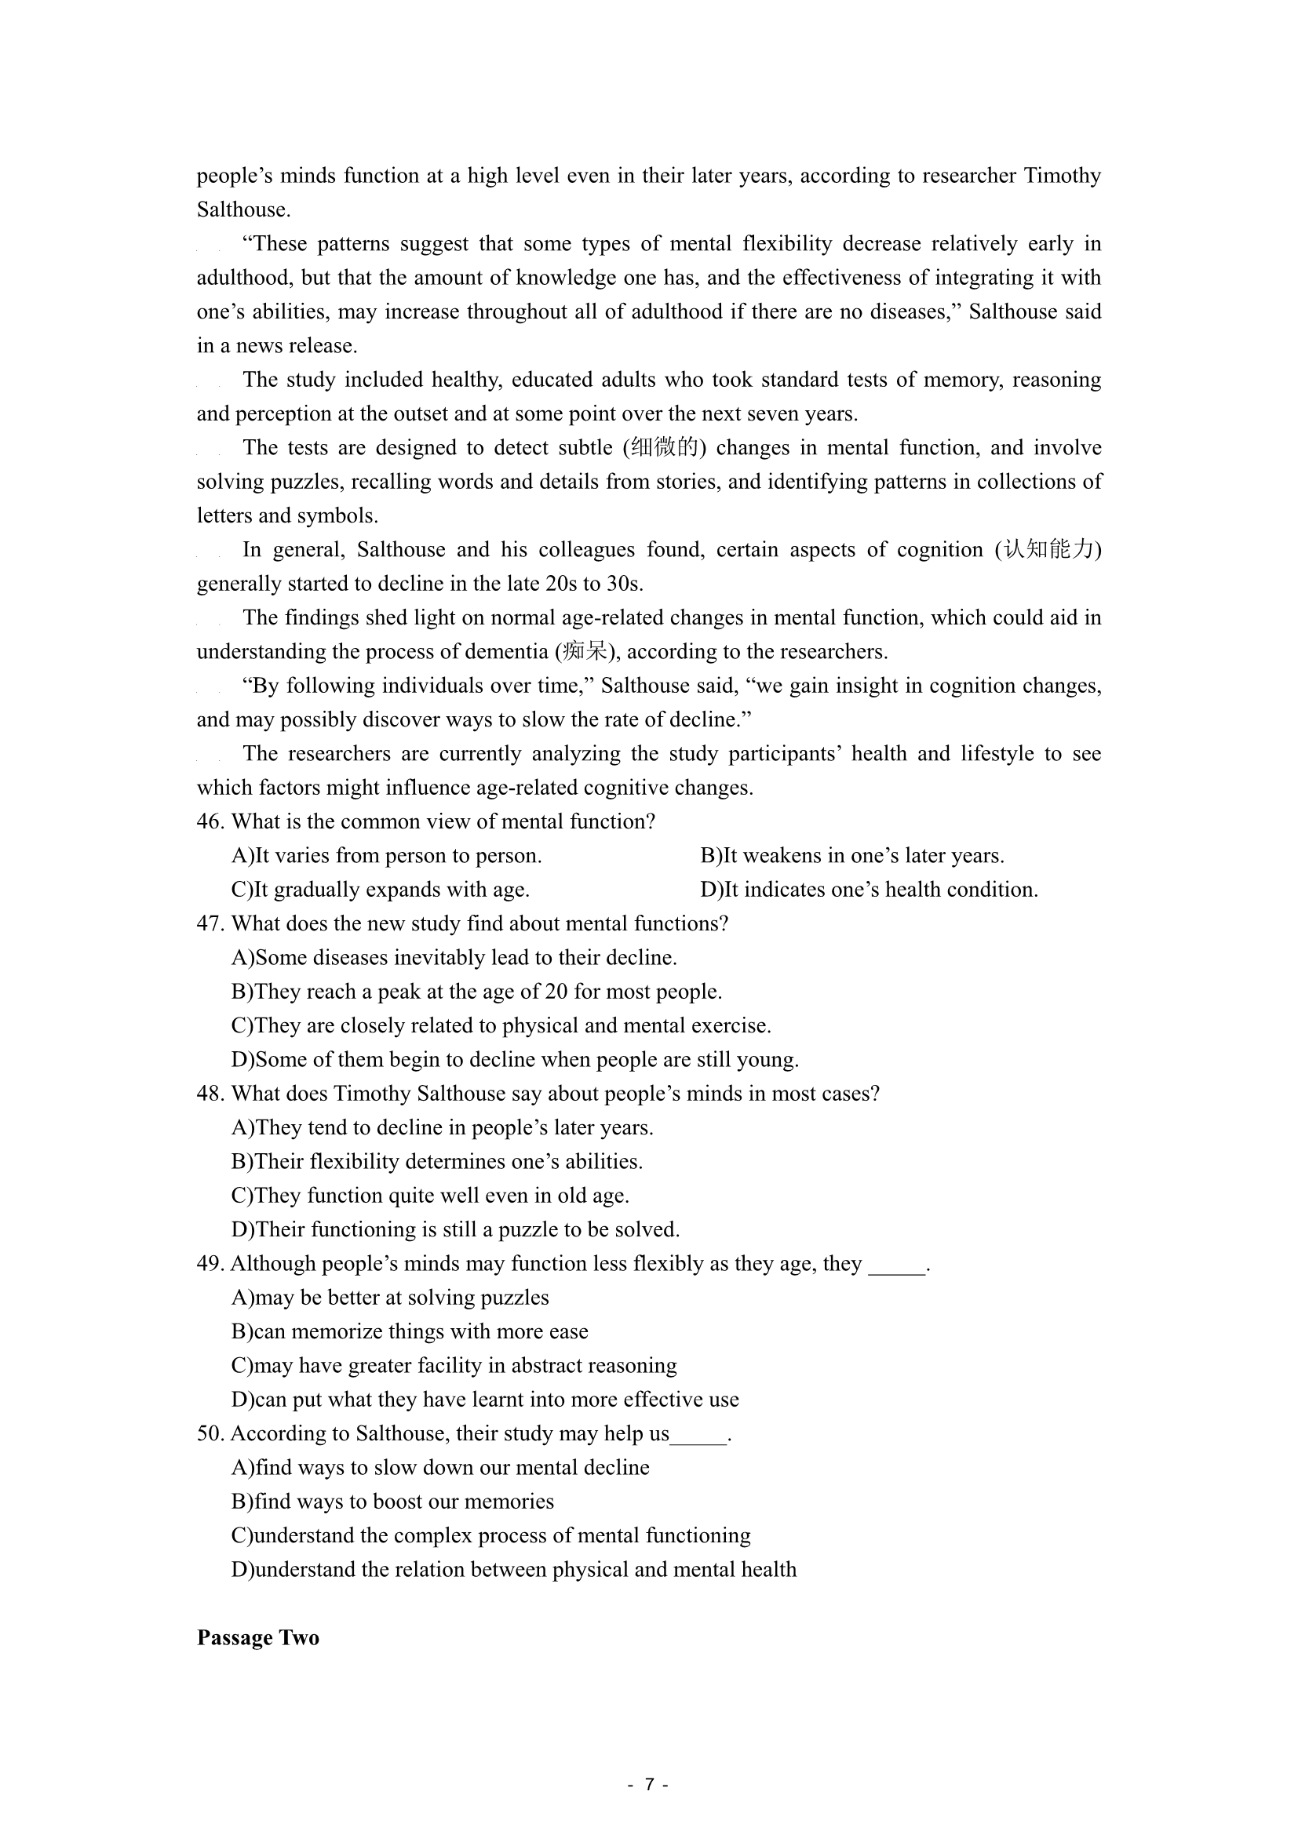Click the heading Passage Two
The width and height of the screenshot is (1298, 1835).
pos(257,1637)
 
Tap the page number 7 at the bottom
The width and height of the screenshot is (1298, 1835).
pos(649,1784)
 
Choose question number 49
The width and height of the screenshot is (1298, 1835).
pos(210,1264)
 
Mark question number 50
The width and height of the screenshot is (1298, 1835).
pos(210,1433)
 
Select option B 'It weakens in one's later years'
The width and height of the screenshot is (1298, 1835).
pos(852,856)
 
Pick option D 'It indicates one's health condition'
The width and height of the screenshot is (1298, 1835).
pos(869,890)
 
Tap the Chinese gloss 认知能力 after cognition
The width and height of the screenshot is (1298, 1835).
pos(1048,550)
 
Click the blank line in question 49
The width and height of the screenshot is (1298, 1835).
pos(896,1266)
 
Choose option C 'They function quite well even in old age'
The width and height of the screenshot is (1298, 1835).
pos(430,1196)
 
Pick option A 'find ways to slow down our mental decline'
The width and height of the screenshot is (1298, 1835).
pos(440,1467)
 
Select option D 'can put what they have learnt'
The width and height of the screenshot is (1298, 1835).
pos(485,1400)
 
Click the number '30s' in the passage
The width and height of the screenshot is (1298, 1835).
pos(623,584)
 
